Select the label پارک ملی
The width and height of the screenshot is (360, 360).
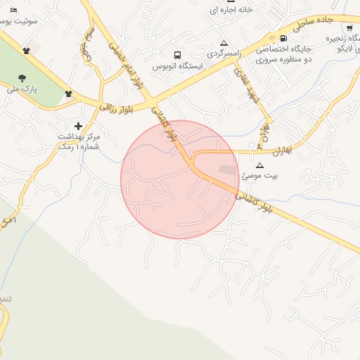[20, 90]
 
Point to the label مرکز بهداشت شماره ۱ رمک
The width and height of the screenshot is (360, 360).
[79, 141]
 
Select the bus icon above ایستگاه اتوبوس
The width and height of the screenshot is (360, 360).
[177, 54]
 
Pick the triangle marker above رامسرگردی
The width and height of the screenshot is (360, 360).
[224, 43]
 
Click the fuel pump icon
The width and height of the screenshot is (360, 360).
[283, 39]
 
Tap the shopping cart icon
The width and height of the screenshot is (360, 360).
[349, 28]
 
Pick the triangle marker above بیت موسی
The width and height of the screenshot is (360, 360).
[259, 165]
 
